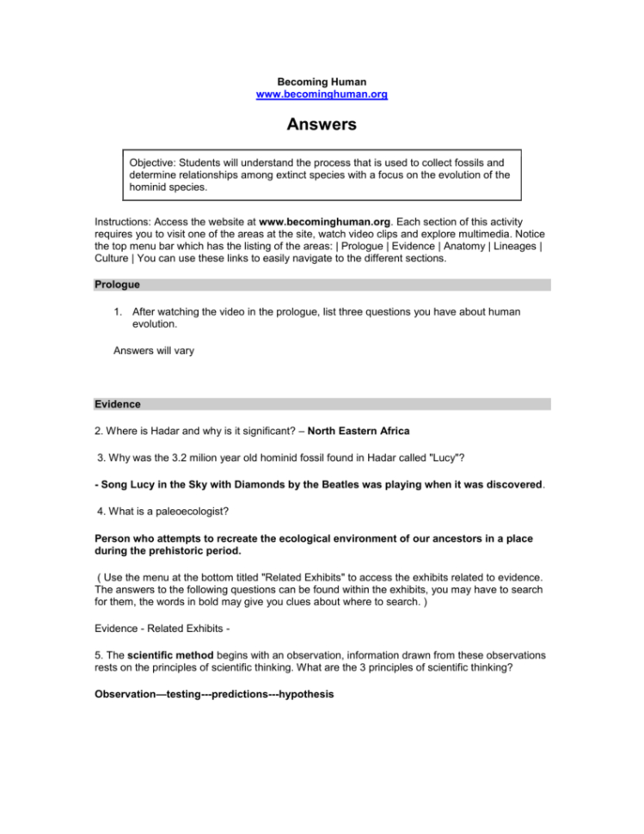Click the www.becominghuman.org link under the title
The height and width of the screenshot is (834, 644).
tap(322, 94)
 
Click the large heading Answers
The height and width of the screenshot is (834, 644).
tap(322, 126)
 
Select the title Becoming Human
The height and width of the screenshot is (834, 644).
tap(322, 82)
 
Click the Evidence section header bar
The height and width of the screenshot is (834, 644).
tap(119, 403)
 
